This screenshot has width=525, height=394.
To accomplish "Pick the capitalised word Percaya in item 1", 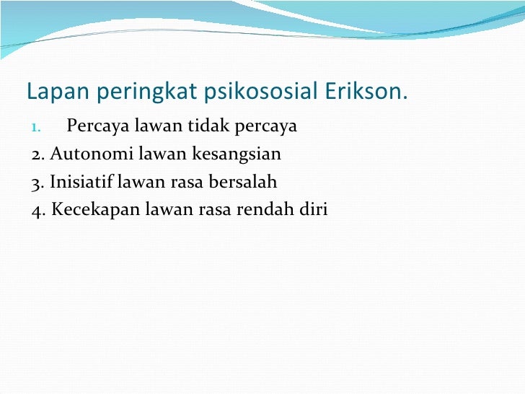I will click(x=96, y=127).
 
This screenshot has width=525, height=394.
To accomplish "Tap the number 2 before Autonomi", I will click(x=37, y=154).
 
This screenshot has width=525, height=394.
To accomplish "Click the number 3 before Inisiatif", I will click(x=37, y=182).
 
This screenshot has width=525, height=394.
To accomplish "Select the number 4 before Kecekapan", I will click(x=37, y=210).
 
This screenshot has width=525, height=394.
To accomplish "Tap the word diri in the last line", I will click(x=316, y=210).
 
